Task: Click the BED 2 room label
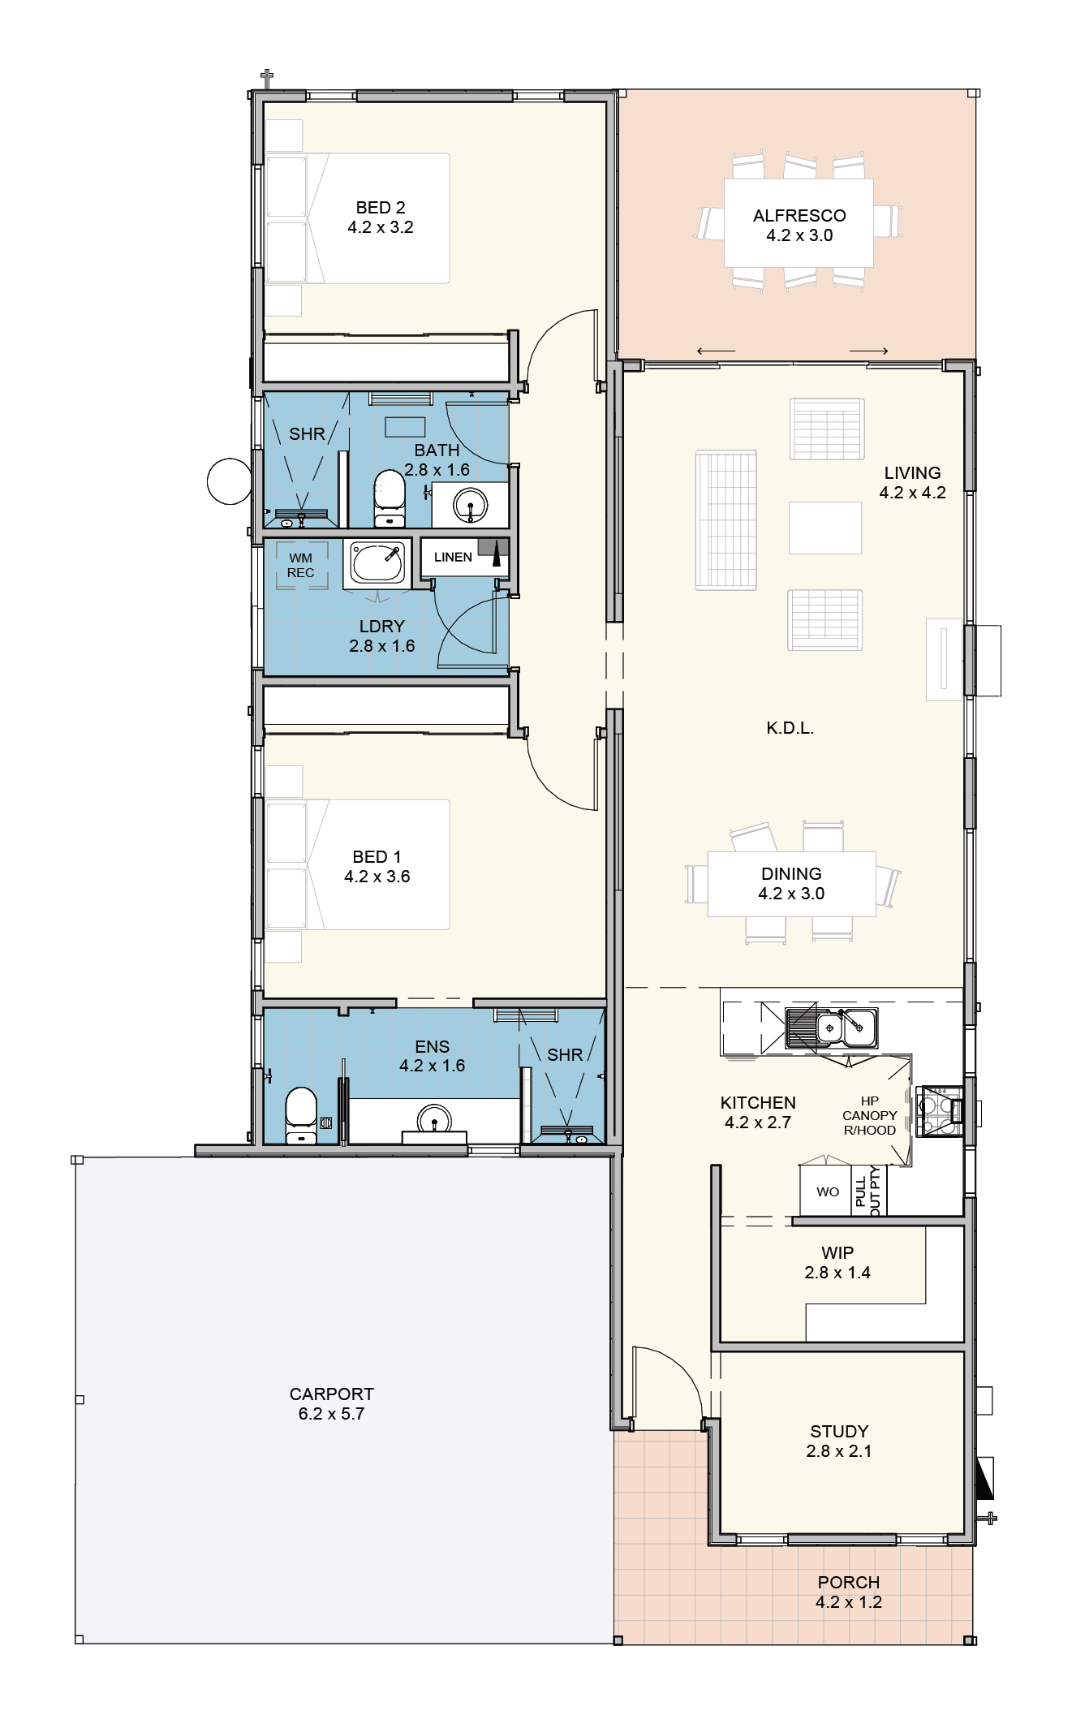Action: [x=381, y=208]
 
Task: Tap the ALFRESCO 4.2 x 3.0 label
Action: [x=799, y=226]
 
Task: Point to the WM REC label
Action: [x=300, y=565]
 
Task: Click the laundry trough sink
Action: [x=377, y=565]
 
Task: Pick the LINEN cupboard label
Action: [x=453, y=557]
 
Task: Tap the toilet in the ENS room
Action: [x=301, y=1116]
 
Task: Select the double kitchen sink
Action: [x=832, y=1028]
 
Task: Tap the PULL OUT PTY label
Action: [x=868, y=1191]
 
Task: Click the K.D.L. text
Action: [x=790, y=728]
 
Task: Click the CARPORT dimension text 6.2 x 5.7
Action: [x=332, y=1413]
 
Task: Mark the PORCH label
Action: [x=849, y=1582]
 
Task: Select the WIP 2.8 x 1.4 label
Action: [x=837, y=1262]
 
